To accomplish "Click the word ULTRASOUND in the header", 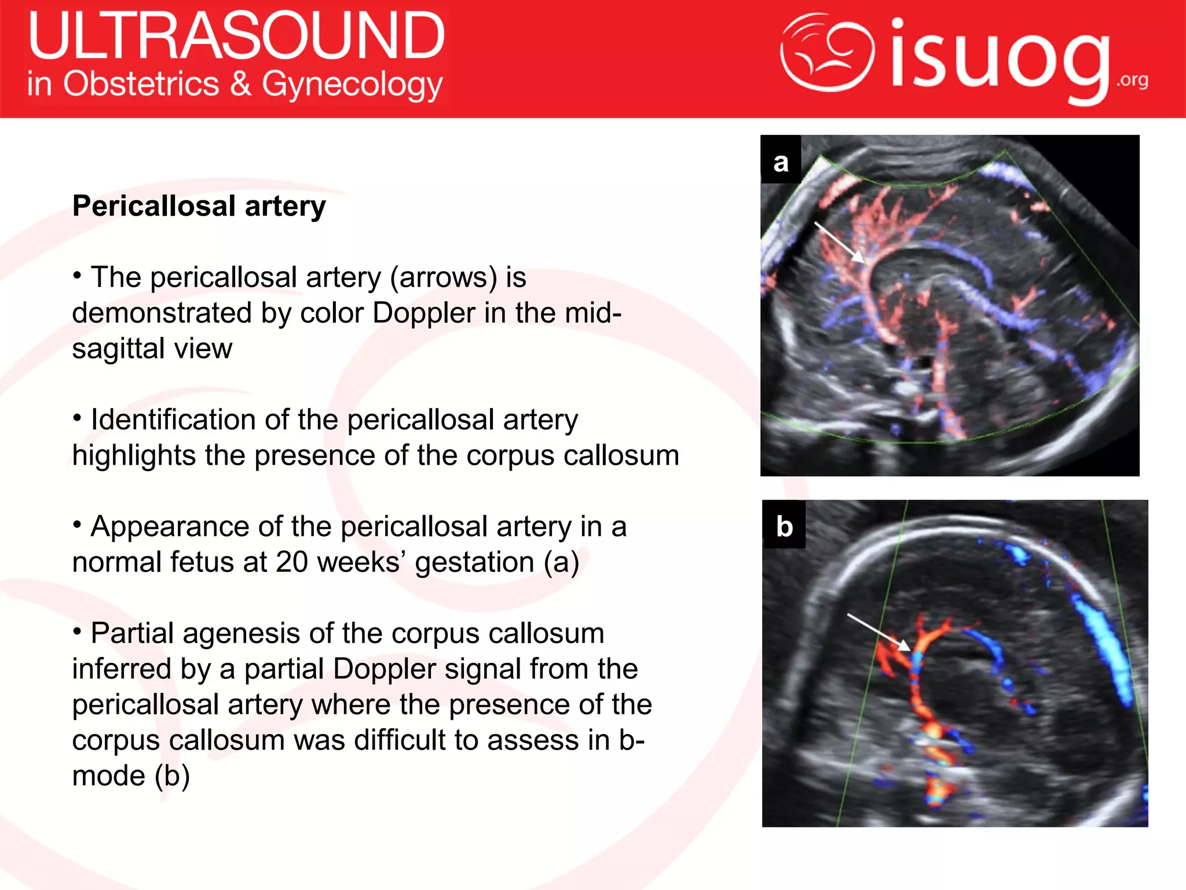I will (x=236, y=36).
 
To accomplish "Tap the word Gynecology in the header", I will (x=352, y=85).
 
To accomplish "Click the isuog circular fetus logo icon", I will (x=827, y=52).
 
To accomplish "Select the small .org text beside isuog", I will (x=1132, y=80).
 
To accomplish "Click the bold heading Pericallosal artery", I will (x=199, y=206).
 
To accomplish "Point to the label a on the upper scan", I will (x=781, y=162).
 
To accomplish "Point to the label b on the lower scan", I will (x=784, y=526).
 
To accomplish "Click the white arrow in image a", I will (x=840, y=242).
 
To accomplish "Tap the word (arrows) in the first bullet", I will (x=443, y=277).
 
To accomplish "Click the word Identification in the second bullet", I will (x=173, y=420).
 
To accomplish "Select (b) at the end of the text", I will (x=171, y=776).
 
